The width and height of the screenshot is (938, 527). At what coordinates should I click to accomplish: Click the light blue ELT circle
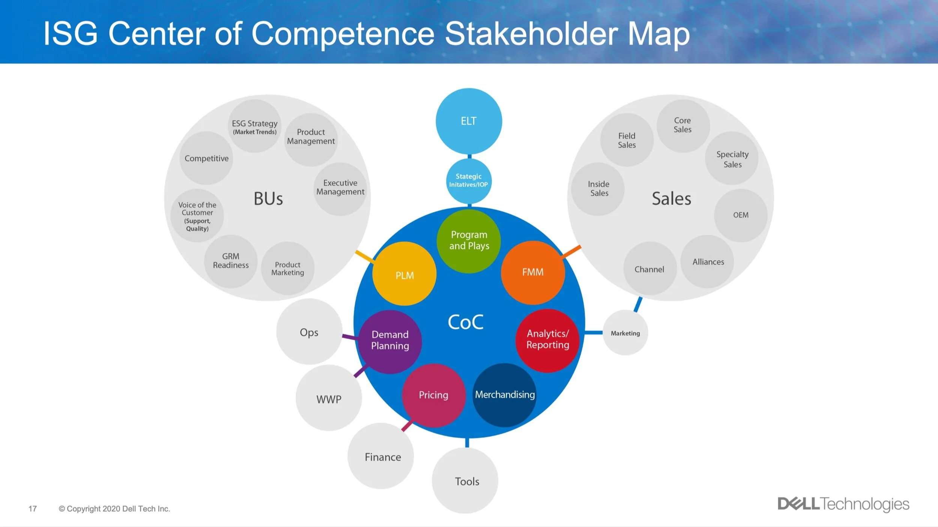pos(469,121)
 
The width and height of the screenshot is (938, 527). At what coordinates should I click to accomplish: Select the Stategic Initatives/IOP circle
pos(469,181)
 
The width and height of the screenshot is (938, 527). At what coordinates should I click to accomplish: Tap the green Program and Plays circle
pos(469,241)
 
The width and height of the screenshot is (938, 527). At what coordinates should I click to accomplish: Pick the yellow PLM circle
pos(404,274)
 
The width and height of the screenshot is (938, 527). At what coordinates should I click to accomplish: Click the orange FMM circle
pos(533,273)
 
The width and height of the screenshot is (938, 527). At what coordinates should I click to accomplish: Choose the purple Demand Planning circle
pos(390,341)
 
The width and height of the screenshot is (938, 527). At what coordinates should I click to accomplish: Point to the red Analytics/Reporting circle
pos(547,340)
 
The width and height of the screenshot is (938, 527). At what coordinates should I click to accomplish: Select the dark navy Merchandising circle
pos(505,395)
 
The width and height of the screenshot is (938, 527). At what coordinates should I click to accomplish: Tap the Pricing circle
pos(434,395)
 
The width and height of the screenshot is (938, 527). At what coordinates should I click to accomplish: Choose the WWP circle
pos(329,398)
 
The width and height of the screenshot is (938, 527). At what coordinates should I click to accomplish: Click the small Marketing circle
pos(625,333)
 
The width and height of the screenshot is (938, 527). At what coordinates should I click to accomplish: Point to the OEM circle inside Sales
pos(741,215)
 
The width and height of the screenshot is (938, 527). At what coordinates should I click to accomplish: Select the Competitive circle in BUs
pos(206,158)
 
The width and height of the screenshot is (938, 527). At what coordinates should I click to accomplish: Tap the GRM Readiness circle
pos(231,261)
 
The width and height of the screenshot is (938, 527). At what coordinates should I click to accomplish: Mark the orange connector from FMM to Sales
pos(571,252)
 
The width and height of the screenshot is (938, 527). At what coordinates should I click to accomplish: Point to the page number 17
pos(33,509)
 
